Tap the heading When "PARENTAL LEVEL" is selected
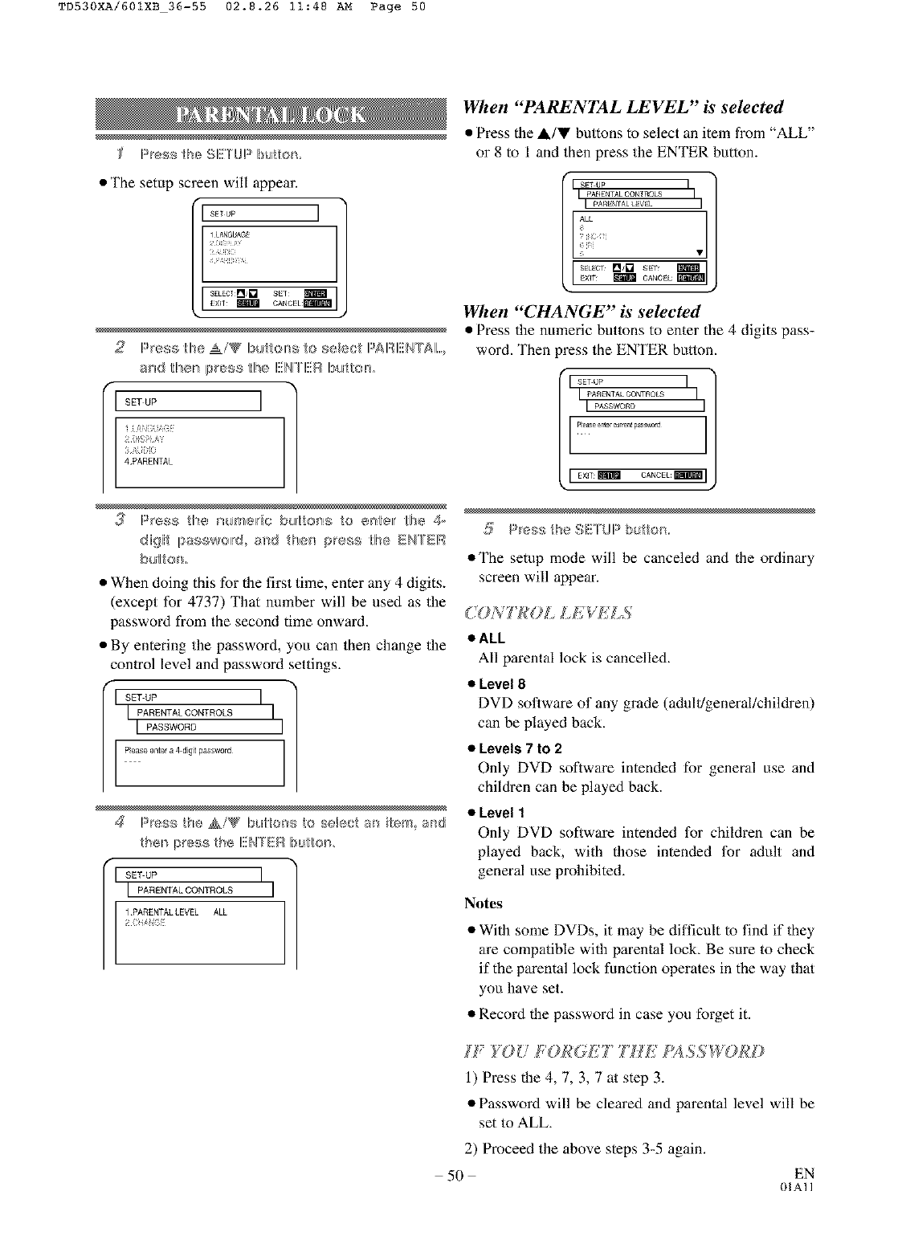click(622, 108)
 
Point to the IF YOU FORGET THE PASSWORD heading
click(614, 1051)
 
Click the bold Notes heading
click(484, 903)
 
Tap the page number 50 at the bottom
click(456, 1176)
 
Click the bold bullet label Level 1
click(501, 813)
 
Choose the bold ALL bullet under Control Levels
click(492, 638)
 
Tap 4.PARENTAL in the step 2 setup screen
click(149, 462)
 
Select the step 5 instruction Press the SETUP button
click(588, 529)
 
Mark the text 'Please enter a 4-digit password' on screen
click(178, 751)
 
